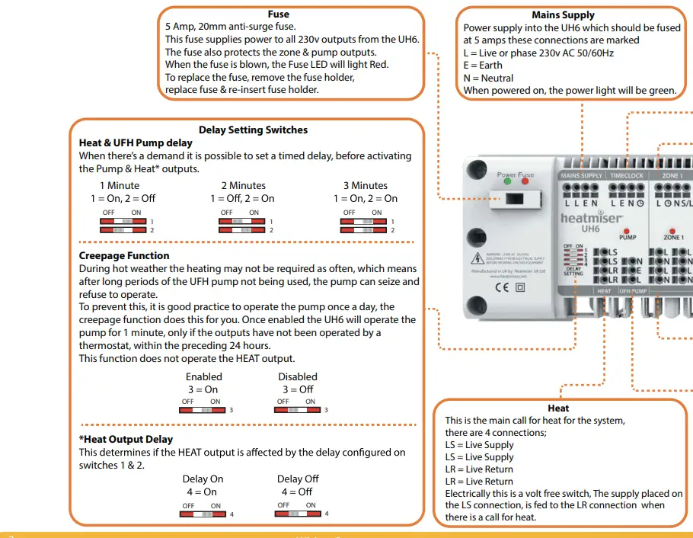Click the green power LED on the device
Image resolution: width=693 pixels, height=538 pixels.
[509, 184]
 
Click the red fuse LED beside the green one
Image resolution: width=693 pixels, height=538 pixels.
[522, 184]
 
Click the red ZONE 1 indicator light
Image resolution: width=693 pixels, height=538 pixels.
[672, 229]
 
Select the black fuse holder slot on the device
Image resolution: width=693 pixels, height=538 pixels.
[515, 200]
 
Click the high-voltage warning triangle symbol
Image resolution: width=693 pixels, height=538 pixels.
[477, 256]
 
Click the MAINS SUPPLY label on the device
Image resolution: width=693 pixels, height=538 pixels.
[581, 176]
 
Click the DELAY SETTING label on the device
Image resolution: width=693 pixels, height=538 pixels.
[573, 271]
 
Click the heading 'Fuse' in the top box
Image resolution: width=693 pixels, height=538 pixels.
[278, 14]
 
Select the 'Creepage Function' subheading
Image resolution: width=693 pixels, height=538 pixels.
[124, 256]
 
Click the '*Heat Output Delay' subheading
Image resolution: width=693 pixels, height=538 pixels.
[126, 440]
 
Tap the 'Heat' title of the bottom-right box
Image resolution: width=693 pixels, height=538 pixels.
[558, 408]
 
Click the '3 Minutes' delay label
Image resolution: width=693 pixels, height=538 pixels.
[366, 185]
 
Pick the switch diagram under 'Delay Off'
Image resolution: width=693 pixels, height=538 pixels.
[299, 514]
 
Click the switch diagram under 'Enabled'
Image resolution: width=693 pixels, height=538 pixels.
[203, 410]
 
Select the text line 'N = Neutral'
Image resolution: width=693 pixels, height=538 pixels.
[488, 78]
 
